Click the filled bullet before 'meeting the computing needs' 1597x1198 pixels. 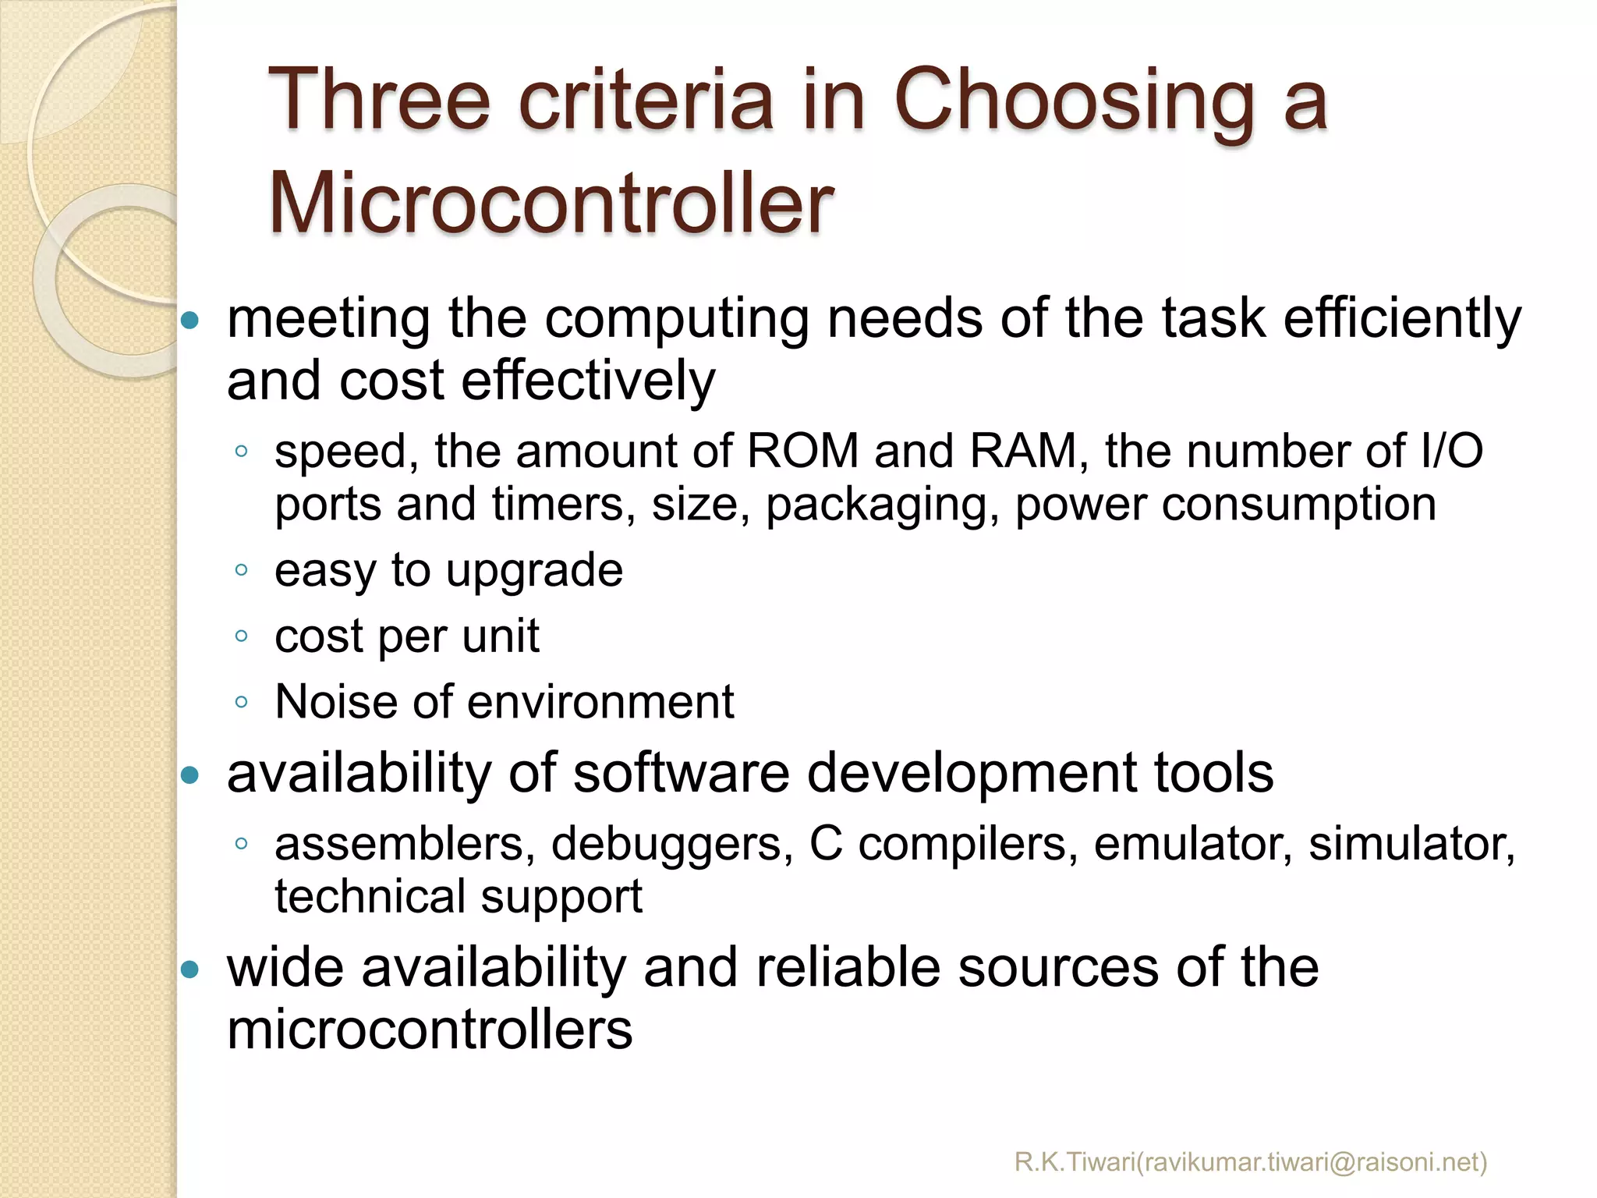[190, 320]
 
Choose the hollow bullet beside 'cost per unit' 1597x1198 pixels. [241, 636]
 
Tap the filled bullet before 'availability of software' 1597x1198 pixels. [190, 775]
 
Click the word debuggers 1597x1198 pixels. [672, 844]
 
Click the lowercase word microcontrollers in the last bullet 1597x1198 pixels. [430, 1030]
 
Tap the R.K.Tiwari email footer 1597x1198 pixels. [1251, 1161]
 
